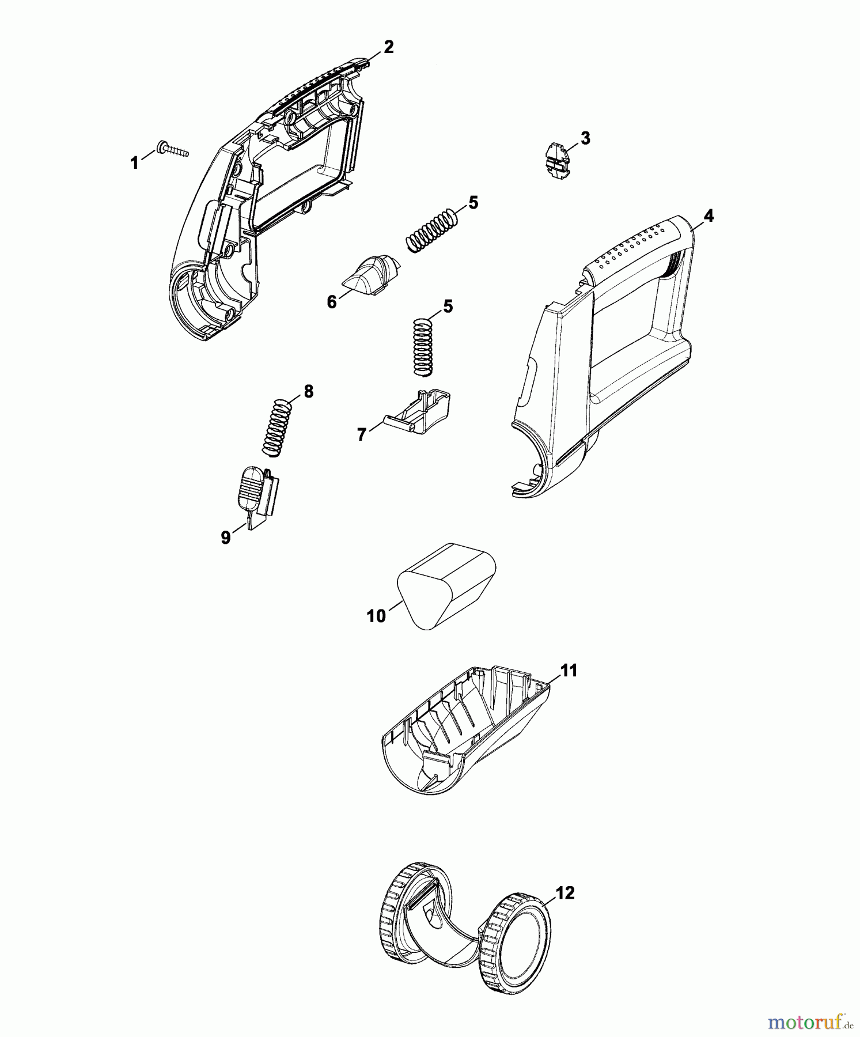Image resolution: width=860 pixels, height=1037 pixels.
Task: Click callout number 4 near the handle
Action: click(x=709, y=216)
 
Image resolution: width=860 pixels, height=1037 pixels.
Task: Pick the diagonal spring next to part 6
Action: click(x=432, y=229)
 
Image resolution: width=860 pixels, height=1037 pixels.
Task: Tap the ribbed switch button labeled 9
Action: click(x=258, y=497)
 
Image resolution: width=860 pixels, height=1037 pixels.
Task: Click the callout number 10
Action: click(x=376, y=616)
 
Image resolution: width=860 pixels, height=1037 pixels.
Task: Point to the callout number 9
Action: click(x=226, y=538)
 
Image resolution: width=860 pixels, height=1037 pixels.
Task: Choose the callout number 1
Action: click(x=134, y=164)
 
